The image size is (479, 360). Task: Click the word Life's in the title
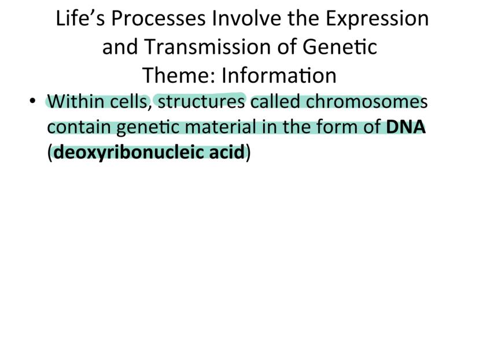(x=80, y=18)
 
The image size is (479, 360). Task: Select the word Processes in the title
(x=159, y=19)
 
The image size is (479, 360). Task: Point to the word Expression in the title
(x=377, y=19)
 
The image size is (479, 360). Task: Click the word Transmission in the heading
(x=208, y=47)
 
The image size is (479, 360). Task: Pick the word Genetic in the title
(x=340, y=47)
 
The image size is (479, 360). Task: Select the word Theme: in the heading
(x=179, y=75)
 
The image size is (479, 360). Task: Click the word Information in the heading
(x=279, y=75)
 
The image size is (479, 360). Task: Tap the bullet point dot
(x=33, y=101)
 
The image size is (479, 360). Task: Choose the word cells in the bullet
(x=128, y=101)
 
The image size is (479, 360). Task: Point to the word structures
(x=201, y=102)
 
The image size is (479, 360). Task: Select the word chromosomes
(x=367, y=101)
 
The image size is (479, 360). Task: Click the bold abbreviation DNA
(x=406, y=127)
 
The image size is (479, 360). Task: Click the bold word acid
(x=227, y=152)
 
